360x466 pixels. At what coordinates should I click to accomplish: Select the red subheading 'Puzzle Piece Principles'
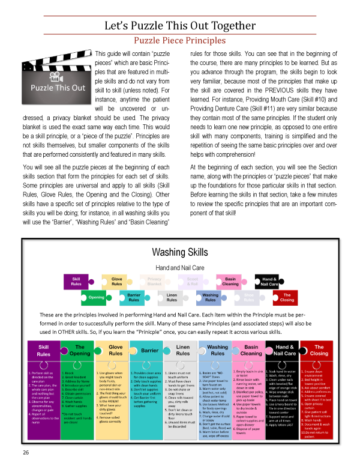click(180, 41)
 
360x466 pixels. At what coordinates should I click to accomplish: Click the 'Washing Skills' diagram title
click(180, 251)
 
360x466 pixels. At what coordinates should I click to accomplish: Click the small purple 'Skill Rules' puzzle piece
click(77, 281)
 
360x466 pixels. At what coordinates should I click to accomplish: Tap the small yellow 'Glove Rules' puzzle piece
click(118, 281)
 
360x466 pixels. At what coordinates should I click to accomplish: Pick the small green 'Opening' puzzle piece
click(96, 297)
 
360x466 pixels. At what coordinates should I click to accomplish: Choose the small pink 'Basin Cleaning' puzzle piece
click(230, 281)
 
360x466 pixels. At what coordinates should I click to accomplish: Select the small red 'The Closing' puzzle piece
click(287, 297)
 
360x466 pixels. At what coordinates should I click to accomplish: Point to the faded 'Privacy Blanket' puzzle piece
click(154, 281)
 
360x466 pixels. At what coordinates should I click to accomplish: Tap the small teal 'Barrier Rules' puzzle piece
click(133, 297)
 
